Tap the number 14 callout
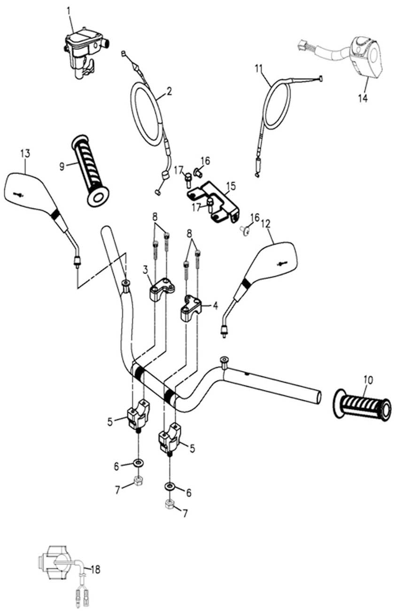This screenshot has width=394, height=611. pos(362,98)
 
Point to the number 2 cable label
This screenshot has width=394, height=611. pos(169,91)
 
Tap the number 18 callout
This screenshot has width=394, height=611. pos(96,570)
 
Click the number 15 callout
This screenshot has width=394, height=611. pos(230,186)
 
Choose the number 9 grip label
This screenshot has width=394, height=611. pos(62,166)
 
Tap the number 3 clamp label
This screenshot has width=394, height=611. pos(146,270)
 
